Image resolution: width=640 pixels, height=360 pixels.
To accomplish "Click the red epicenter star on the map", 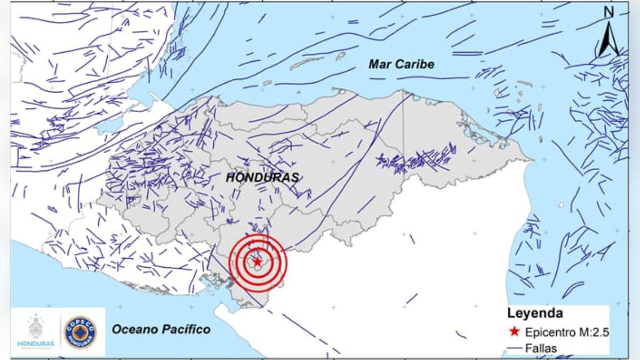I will pyautogui.click(x=258, y=262).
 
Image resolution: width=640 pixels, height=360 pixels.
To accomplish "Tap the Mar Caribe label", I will pyautogui.click(x=401, y=65).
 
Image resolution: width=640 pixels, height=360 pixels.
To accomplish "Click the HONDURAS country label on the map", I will pyautogui.click(x=262, y=178).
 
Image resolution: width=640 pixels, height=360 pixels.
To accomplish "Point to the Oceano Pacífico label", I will pyautogui.click(x=161, y=329).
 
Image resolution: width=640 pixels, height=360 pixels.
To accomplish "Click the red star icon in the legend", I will pyautogui.click(x=514, y=332).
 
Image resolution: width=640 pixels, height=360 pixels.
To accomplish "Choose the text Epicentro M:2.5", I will pyautogui.click(x=567, y=332).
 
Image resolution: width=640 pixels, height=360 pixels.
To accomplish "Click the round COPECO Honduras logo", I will pyautogui.click(x=81, y=332).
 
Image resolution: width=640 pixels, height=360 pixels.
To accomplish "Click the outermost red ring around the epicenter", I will pyautogui.click(x=286, y=262).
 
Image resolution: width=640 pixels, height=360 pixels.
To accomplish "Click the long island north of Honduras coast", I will pyautogui.click(x=311, y=63).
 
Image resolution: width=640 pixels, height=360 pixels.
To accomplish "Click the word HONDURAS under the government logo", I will pyautogui.click(x=37, y=344).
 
